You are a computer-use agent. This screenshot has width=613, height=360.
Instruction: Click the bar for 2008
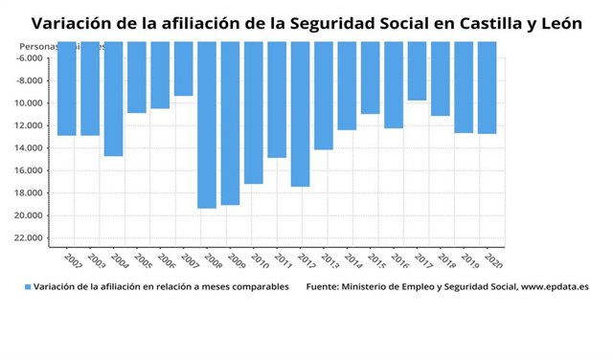[207, 124]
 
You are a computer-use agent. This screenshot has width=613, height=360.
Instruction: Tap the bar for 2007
[183, 69]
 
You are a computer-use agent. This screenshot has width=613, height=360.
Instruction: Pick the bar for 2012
[300, 114]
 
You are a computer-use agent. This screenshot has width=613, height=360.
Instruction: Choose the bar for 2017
[417, 71]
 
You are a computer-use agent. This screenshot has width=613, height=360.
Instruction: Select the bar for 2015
[370, 78]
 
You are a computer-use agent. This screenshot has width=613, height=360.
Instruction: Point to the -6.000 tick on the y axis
[30, 58]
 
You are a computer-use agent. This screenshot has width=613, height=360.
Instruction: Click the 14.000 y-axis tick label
[30, 148]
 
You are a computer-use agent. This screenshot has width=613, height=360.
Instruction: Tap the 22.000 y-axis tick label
[30, 237]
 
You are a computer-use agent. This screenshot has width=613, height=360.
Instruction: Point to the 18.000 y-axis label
[30, 193]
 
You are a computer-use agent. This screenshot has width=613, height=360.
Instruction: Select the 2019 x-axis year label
[470, 260]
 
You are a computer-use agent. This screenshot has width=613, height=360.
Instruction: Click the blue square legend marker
[27, 286]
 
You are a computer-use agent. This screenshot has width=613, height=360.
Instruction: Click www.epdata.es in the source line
[555, 286]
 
